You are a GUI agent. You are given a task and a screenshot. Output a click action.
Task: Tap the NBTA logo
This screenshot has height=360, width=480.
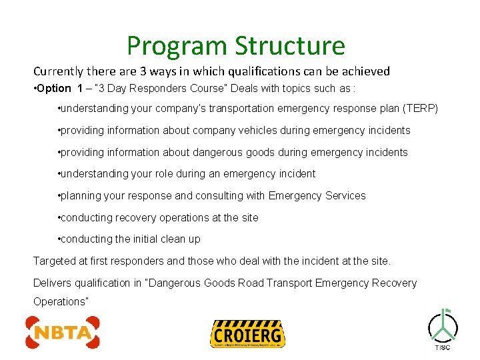point(63,333)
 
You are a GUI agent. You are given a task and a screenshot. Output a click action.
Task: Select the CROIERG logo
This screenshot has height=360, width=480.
point(247,333)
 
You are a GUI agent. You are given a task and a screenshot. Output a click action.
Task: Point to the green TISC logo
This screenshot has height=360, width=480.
point(443,328)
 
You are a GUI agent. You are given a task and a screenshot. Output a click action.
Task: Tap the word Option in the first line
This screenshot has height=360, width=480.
point(54,89)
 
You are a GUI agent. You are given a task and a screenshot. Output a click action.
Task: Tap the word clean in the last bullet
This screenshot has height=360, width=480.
point(168,239)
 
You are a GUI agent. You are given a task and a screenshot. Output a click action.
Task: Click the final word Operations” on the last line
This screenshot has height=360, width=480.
point(61,301)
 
